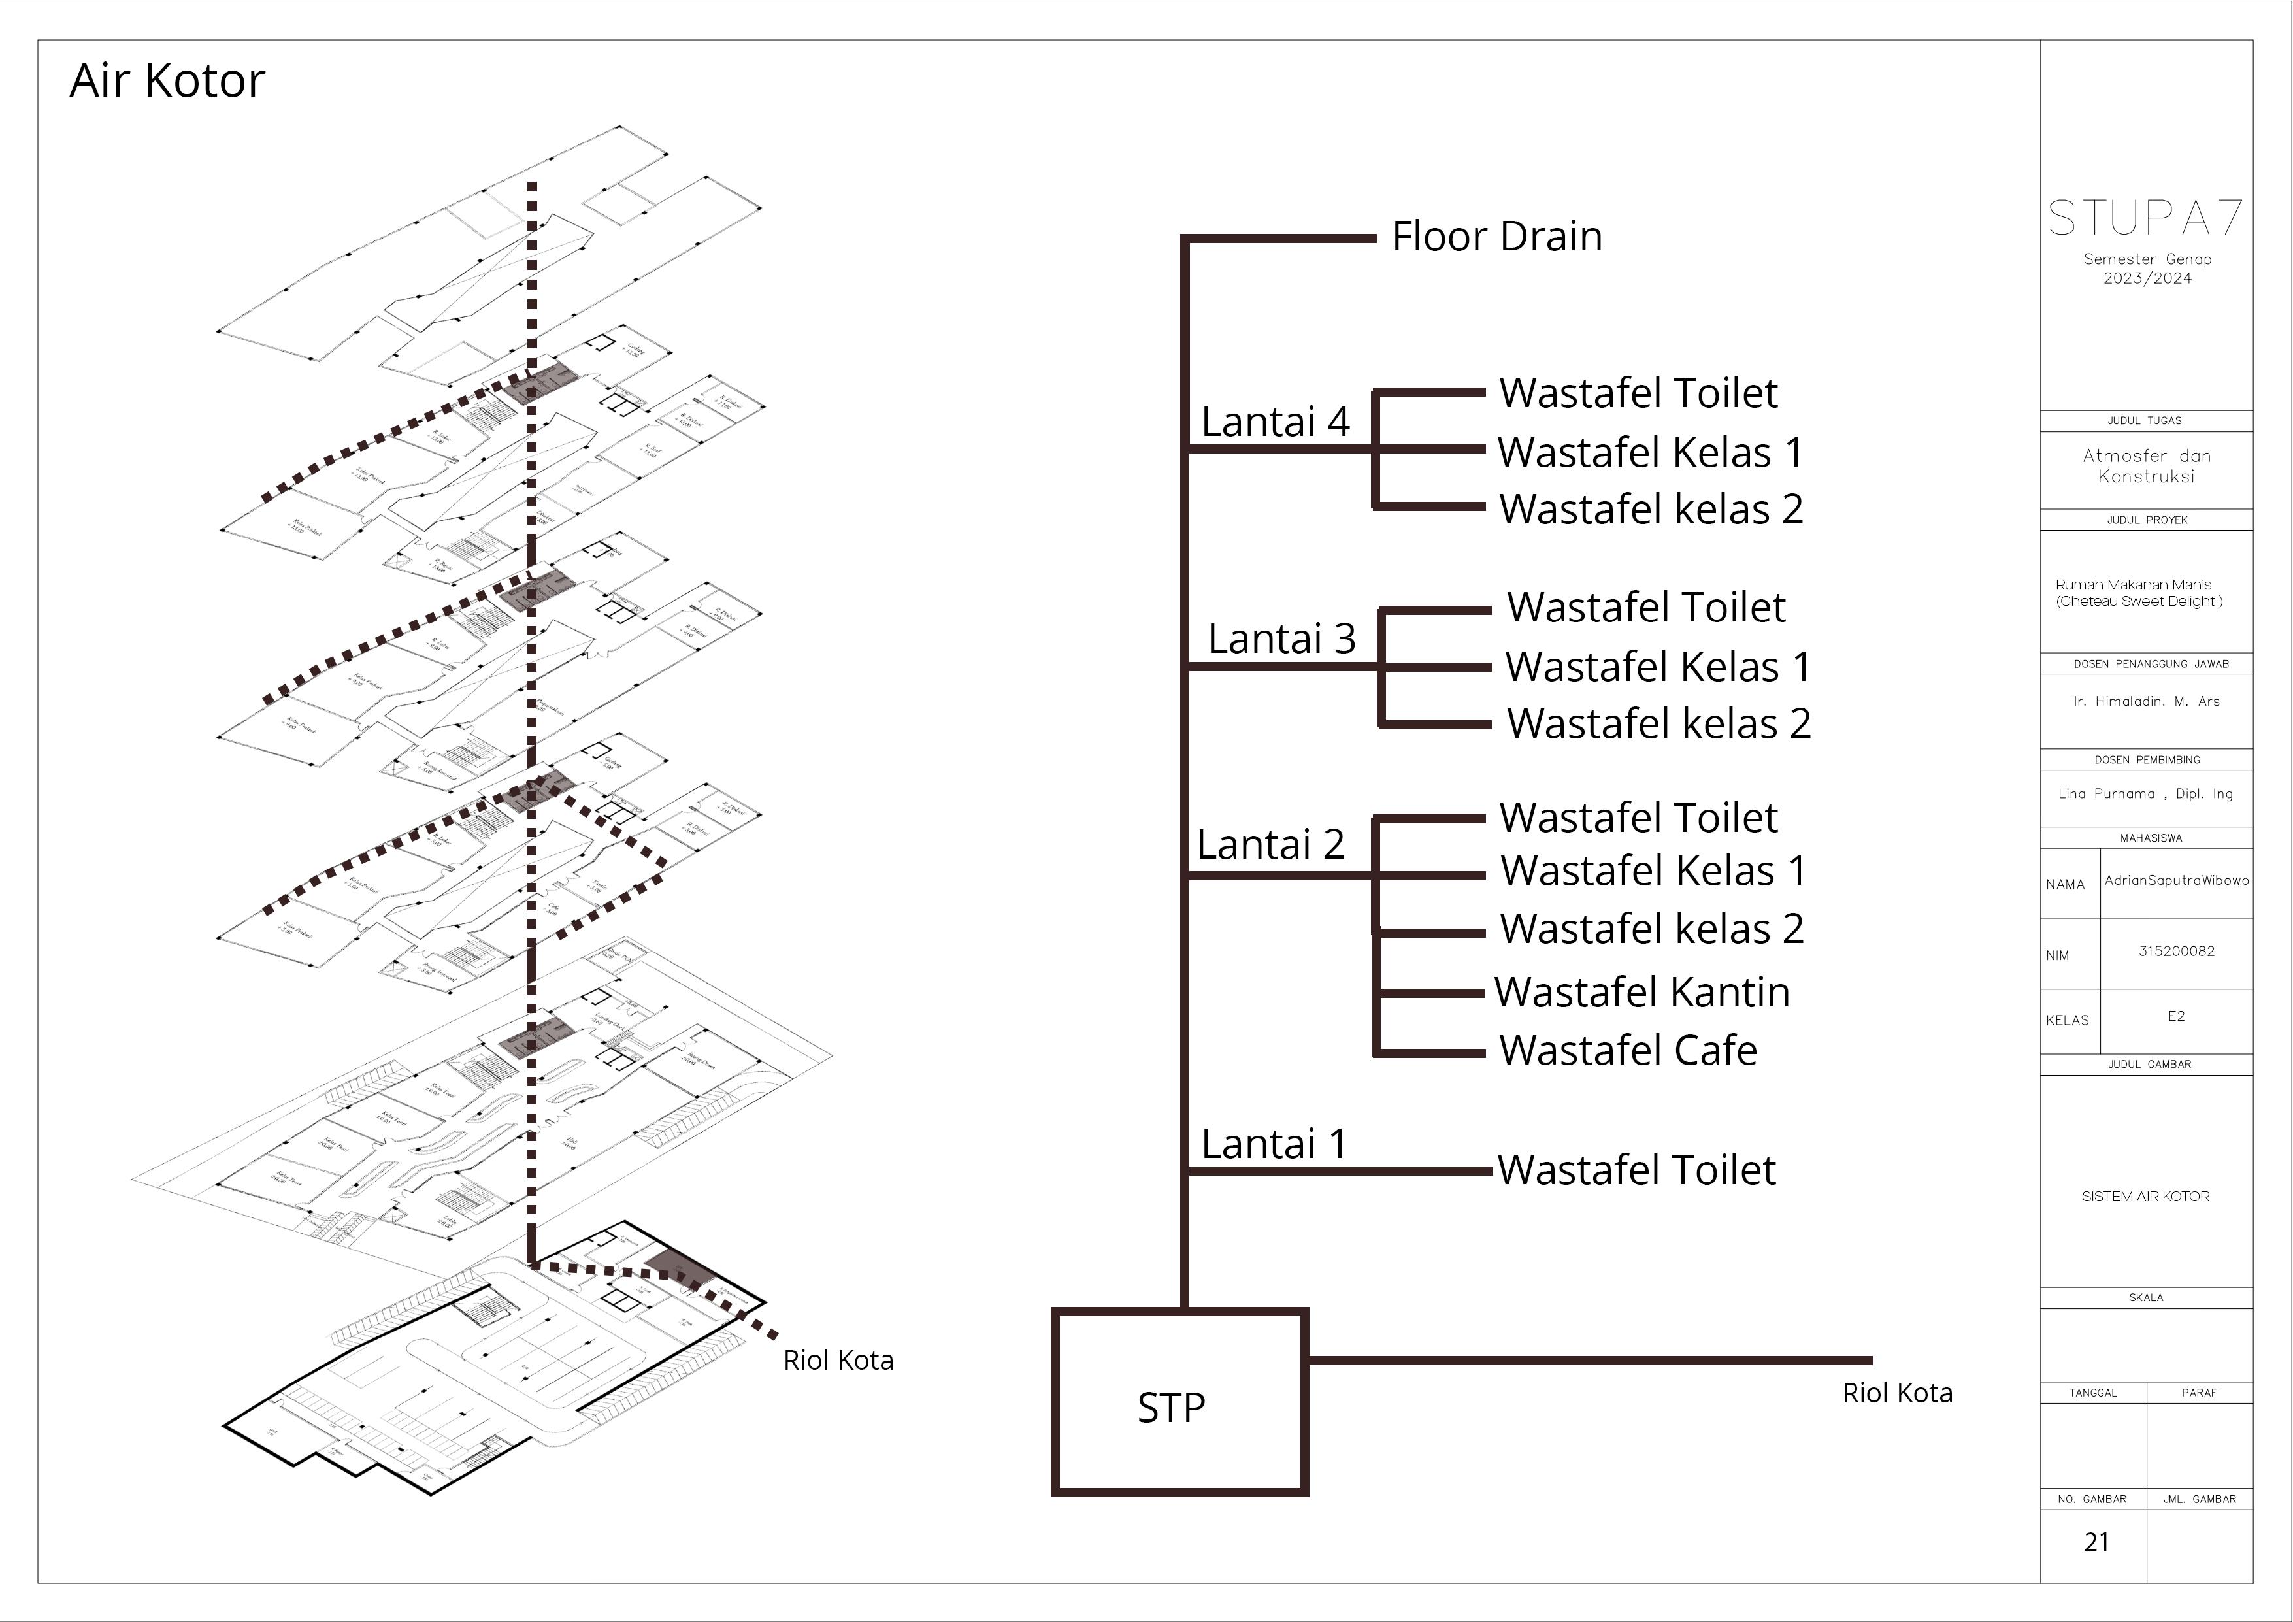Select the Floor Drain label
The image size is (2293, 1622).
[1496, 237]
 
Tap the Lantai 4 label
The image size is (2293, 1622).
[1274, 422]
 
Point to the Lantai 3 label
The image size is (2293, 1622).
[1281, 639]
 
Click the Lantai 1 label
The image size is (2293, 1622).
[1274, 1144]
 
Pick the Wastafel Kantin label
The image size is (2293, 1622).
[1642, 993]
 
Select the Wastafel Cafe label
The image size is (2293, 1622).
[1628, 1051]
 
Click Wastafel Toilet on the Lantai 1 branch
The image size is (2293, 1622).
[1636, 1170]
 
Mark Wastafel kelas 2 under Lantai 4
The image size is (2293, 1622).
[1651, 509]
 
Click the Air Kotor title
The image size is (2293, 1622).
[167, 81]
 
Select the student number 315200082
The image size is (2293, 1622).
[2176, 951]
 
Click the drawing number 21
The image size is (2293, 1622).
[2096, 1542]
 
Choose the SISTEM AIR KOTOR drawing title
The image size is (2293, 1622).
[2145, 1197]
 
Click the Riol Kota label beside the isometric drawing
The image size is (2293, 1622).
[838, 1361]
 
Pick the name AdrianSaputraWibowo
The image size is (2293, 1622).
[2176, 880]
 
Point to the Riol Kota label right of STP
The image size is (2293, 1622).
[1896, 1393]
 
